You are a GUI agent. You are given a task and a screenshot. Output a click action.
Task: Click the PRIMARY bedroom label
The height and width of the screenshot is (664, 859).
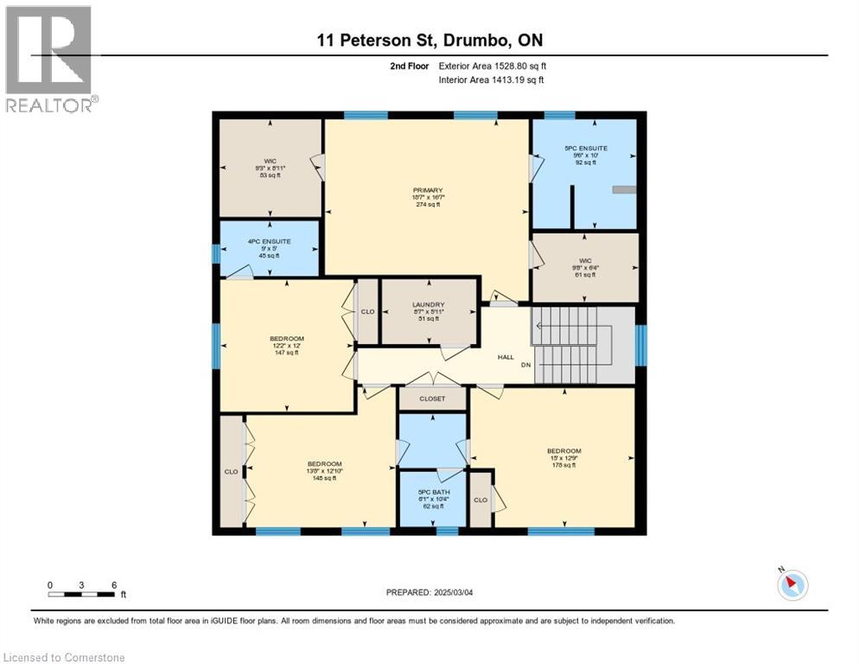coord(427,190)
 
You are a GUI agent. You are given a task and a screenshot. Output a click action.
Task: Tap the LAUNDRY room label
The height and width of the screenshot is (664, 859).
coord(428,304)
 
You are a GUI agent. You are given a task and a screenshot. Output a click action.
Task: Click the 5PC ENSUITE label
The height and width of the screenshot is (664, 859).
coord(586,149)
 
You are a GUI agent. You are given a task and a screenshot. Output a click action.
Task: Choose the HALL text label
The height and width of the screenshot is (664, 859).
coord(506,356)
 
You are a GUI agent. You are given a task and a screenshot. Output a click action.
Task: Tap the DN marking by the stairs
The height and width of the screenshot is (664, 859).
coord(525,365)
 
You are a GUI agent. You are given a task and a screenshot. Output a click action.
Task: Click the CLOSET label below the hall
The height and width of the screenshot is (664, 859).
coord(432,399)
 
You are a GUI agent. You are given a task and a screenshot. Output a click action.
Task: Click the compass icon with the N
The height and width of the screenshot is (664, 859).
coord(792,585)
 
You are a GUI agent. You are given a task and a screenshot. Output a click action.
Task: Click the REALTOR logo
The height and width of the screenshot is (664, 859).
coord(50,59)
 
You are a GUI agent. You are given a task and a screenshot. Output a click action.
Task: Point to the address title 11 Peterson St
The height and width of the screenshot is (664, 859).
coord(429,40)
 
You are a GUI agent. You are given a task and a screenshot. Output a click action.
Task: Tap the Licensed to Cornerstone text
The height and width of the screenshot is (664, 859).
coord(65,657)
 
